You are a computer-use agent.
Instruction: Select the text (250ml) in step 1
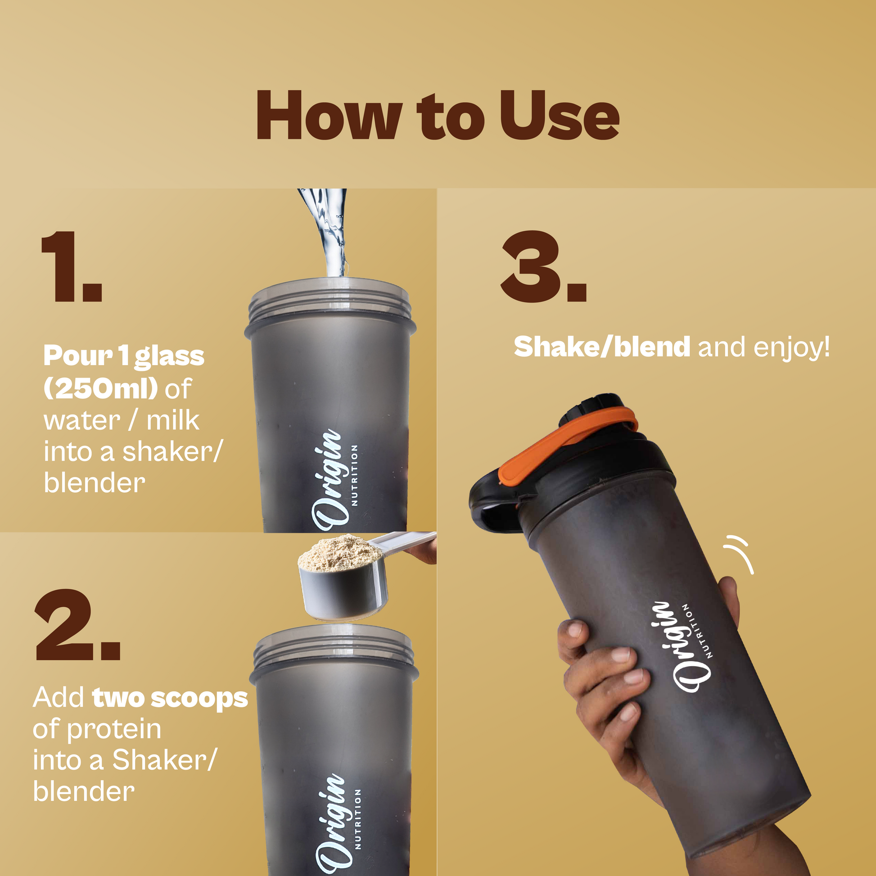point(101,388)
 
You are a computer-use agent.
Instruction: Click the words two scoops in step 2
point(170,698)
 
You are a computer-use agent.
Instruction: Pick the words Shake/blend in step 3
point(602,347)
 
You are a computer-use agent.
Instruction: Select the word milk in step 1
point(173,420)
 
